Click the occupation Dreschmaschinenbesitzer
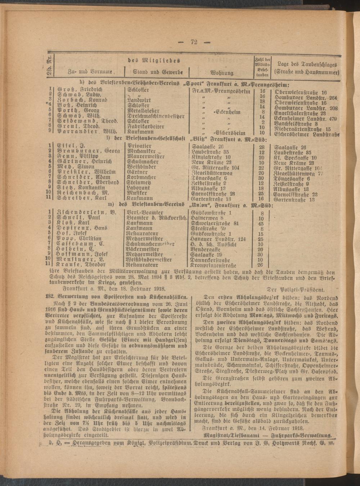(x=151, y=117)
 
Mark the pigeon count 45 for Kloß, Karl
(x=262, y=223)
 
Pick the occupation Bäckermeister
(x=143, y=249)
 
